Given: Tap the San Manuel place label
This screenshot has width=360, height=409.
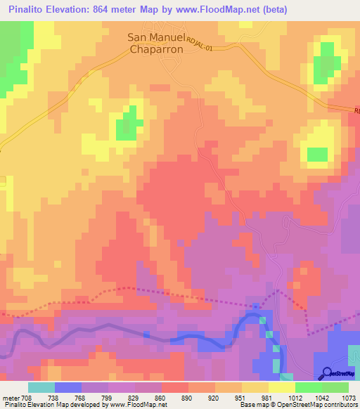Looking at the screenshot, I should pos(155,39).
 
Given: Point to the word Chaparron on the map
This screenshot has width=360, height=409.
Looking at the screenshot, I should pos(155,50).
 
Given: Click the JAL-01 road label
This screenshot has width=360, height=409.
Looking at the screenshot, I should pos(210,46).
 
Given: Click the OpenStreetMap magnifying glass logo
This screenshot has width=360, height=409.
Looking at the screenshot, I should pos(328,373).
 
